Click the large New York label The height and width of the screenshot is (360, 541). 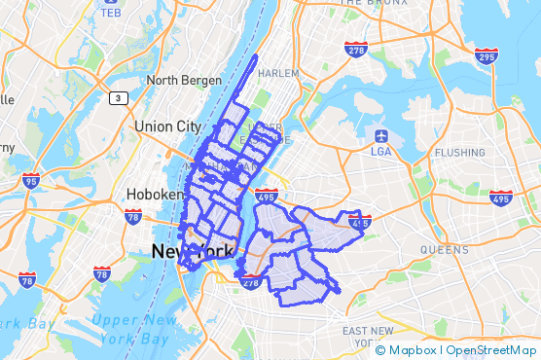point(193,253)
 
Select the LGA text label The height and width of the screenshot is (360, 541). point(381,150)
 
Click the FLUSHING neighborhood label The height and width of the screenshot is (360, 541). point(460,153)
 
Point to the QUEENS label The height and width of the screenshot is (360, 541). point(445,249)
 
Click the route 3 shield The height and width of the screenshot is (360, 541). point(118,97)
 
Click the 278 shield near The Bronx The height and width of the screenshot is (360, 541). point(356,48)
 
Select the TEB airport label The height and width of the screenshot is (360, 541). point(110,14)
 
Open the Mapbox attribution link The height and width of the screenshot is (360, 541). point(414,349)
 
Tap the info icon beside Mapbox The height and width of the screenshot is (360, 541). point(379,349)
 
